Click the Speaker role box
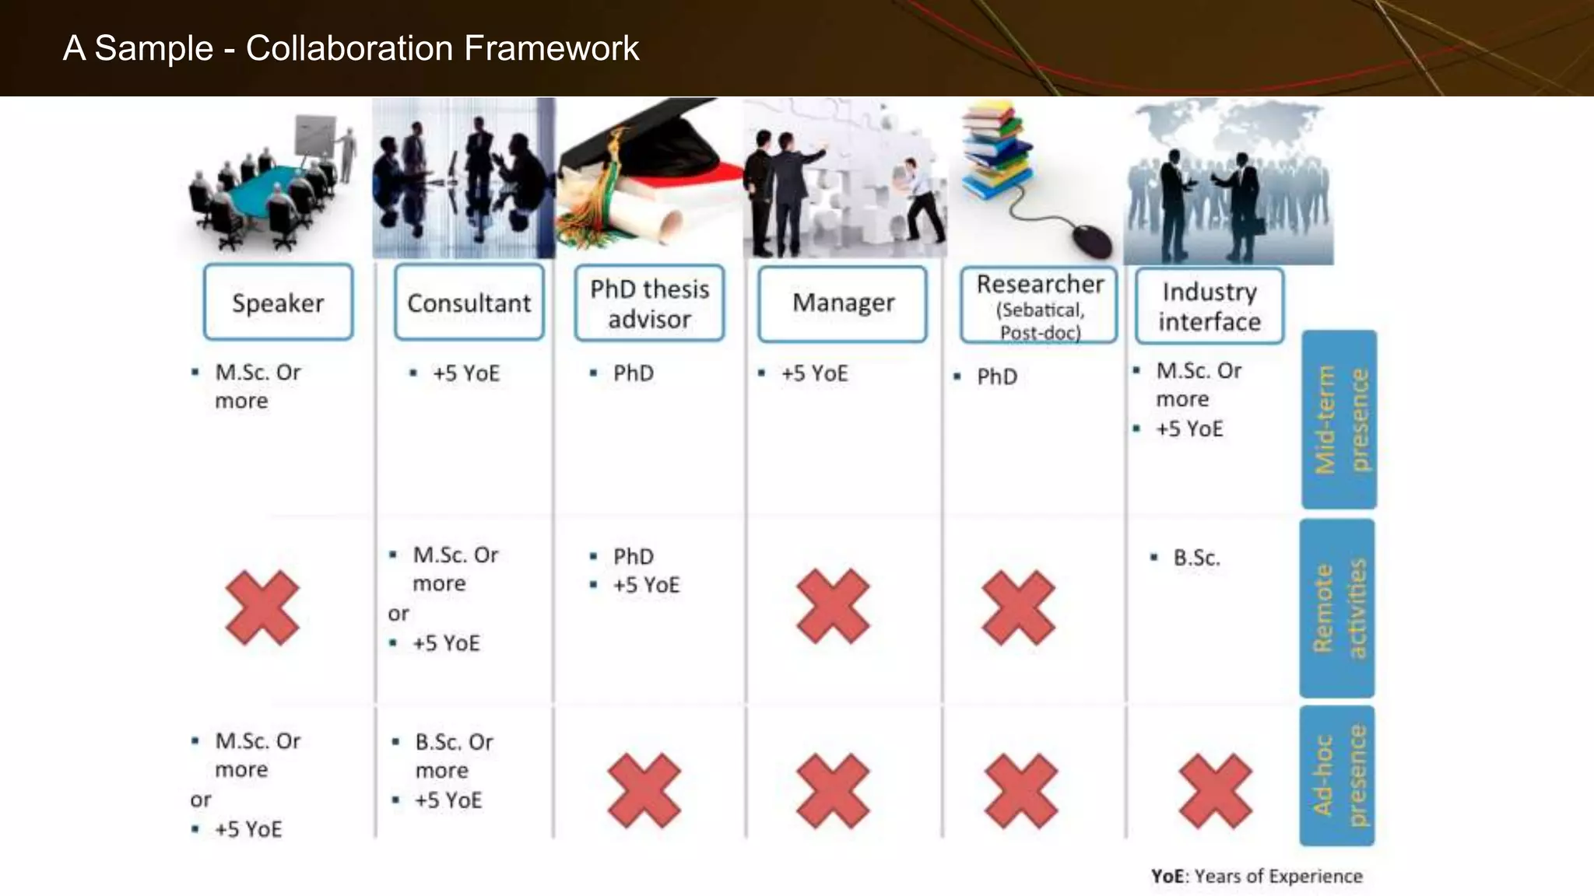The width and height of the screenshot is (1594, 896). pos(278,303)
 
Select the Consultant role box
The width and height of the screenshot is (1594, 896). pos(469,303)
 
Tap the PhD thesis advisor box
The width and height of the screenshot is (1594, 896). pos(649,303)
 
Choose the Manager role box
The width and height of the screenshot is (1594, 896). pos(843,303)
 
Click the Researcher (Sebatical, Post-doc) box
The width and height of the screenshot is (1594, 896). pos(1039,306)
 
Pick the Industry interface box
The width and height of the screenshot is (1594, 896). pos(1209,306)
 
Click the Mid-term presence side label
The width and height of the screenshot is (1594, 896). pos(1339,420)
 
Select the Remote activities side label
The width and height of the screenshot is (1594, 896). pos(1337,608)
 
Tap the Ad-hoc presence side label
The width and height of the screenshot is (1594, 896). pos(1337,775)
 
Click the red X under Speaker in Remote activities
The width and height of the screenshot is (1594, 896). pos(262,607)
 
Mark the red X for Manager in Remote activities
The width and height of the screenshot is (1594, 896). pos(833,607)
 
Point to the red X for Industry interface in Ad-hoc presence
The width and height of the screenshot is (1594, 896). pos(1215,790)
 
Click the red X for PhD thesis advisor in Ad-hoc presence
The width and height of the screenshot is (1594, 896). pos(644,790)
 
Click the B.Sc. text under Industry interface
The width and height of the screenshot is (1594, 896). pos(1196,558)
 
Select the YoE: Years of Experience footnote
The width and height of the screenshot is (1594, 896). pos(1256,877)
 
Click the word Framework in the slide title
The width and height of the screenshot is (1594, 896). pos(551,48)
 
